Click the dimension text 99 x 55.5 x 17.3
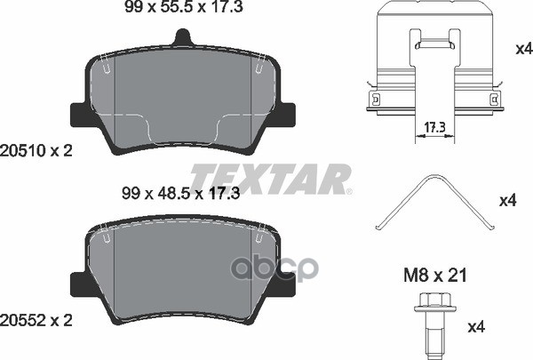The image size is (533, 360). click(x=184, y=7)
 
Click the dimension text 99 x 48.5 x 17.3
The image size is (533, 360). click(x=181, y=194)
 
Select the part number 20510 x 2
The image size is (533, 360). click(x=36, y=150)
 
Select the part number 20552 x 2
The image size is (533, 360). click(x=36, y=320)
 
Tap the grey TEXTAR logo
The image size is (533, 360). click(x=271, y=179)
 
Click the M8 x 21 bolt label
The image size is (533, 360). click(x=435, y=276)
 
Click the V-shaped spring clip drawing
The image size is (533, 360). click(x=435, y=203)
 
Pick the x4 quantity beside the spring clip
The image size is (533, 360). click(x=508, y=201)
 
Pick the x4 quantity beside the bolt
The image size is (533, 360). click(x=476, y=327)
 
